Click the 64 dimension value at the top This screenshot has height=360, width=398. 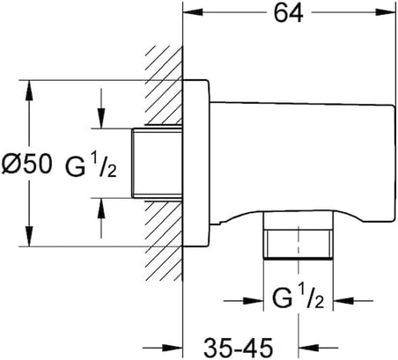tap(288, 13)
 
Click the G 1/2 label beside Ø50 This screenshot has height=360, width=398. tap(91, 166)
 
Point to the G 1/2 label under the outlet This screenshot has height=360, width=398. tap(298, 298)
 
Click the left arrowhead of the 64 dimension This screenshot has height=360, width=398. tap(193, 12)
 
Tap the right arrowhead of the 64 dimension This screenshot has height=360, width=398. tap(386, 12)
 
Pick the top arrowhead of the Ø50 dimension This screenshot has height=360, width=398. tap(29, 91)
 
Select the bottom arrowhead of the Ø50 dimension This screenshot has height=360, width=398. tap(29, 236)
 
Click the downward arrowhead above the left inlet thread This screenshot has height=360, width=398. tap(101, 118)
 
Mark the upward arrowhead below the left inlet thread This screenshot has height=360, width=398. tap(101, 209)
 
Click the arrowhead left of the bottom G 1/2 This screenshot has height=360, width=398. tap(254, 301)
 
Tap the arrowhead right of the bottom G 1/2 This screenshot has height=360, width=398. tap(343, 301)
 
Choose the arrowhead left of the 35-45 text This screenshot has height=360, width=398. tap(173, 349)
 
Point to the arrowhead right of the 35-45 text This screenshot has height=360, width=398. tap(309, 349)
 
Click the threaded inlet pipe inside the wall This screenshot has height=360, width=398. tap(157, 163)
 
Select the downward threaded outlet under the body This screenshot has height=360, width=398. tap(298, 235)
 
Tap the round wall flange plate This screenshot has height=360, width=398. tap(196, 163)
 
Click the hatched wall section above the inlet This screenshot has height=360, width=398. tap(165, 85)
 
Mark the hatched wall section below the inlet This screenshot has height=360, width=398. tap(165, 240)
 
